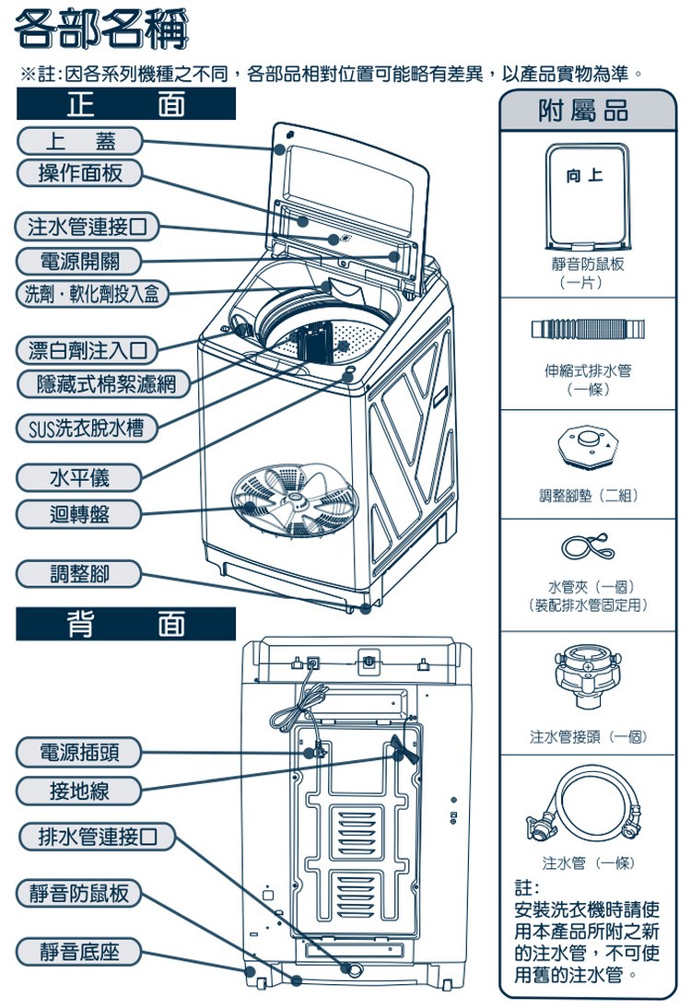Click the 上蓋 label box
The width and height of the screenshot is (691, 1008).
[x=79, y=141]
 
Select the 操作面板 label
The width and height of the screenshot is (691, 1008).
[x=79, y=172]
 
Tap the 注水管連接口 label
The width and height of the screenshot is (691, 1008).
[x=87, y=226]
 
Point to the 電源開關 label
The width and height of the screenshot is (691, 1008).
[x=79, y=260]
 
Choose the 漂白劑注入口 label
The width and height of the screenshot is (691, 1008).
[x=87, y=350]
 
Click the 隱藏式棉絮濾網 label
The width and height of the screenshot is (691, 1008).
[x=106, y=383]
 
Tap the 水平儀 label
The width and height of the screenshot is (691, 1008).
[x=79, y=477]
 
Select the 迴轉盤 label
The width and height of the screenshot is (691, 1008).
[x=79, y=513]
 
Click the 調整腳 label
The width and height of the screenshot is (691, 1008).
[x=79, y=574]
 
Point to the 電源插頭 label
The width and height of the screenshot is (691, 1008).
[x=79, y=753]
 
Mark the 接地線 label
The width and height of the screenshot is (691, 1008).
[x=79, y=790]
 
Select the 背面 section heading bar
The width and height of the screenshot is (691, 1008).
[x=126, y=625]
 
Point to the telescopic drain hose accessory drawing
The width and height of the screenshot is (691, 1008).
[x=589, y=329]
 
